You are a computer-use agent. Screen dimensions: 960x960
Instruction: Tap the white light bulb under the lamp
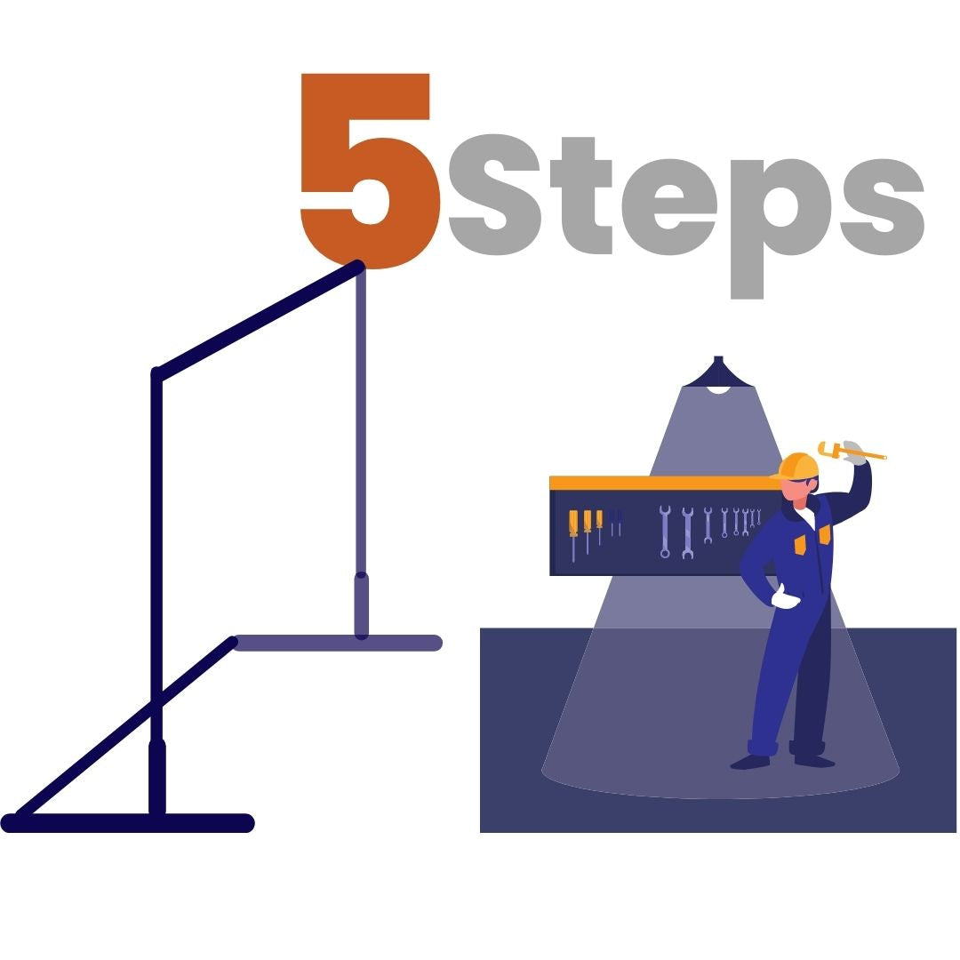pos(718,389)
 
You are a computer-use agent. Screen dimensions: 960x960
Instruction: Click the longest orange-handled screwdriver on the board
pos(573,533)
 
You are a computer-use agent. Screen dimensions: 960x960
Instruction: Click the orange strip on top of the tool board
pos(662,483)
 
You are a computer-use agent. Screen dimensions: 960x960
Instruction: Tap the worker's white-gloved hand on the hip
pos(784,598)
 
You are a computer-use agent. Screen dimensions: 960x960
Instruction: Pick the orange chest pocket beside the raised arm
pos(824,533)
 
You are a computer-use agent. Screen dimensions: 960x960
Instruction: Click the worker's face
pos(796,492)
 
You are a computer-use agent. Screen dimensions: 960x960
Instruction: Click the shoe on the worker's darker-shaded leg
pos(813,760)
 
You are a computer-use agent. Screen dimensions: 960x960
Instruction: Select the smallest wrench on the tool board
pos(758,517)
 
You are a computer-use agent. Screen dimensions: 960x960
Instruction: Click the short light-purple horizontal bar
pos(338,643)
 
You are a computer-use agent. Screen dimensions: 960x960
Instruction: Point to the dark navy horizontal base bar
pos(128,823)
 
